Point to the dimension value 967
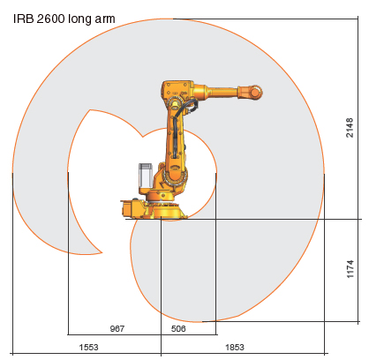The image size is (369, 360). [x=117, y=327]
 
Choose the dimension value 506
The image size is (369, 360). [x=178, y=327]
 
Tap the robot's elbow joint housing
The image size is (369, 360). [x=177, y=91]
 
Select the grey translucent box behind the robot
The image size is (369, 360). [x=146, y=176]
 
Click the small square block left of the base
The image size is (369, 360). [x=131, y=207]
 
